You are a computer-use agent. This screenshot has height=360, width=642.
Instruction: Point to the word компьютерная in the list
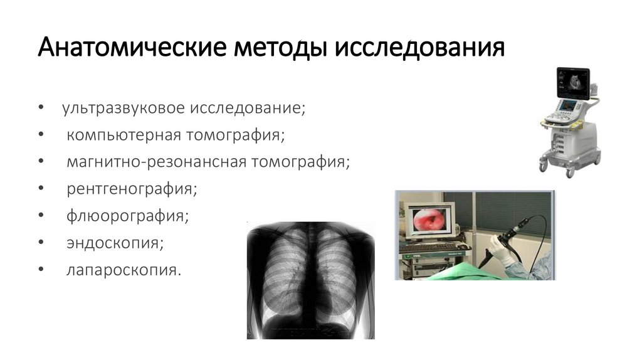point(125,135)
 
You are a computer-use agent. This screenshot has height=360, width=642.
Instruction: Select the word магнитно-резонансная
point(157,162)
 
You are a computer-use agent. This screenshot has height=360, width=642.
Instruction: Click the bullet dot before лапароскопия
point(41,270)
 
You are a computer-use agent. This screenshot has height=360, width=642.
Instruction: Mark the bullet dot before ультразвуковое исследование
point(41,109)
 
